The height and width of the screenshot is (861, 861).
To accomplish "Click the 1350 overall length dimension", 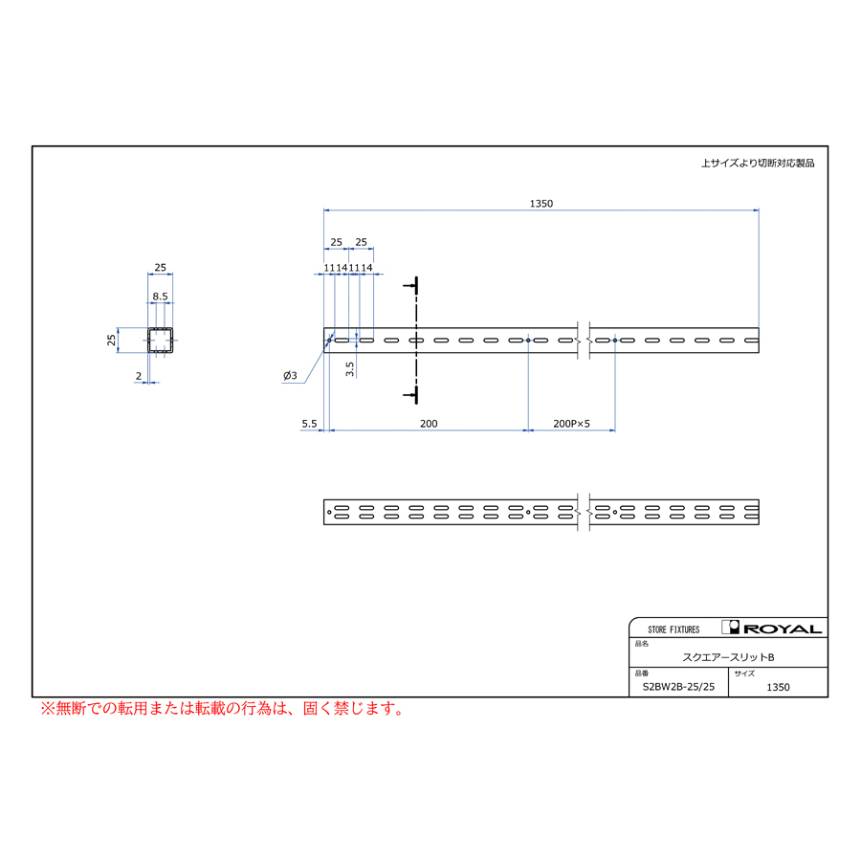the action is tap(541, 204).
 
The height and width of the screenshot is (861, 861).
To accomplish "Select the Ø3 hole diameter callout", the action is tap(290, 376).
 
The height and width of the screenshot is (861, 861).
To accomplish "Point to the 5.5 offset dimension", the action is tap(309, 424).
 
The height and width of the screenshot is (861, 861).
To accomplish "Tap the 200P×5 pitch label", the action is tap(571, 424).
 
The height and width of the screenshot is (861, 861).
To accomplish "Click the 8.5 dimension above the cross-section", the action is tap(160, 297).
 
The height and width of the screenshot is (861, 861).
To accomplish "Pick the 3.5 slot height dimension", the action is tap(350, 369).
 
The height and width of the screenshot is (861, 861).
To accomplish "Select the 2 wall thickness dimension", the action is tap(139, 376).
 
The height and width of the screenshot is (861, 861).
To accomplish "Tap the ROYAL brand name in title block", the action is tap(783, 629).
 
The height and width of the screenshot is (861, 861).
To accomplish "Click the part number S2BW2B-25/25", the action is tap(678, 687).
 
